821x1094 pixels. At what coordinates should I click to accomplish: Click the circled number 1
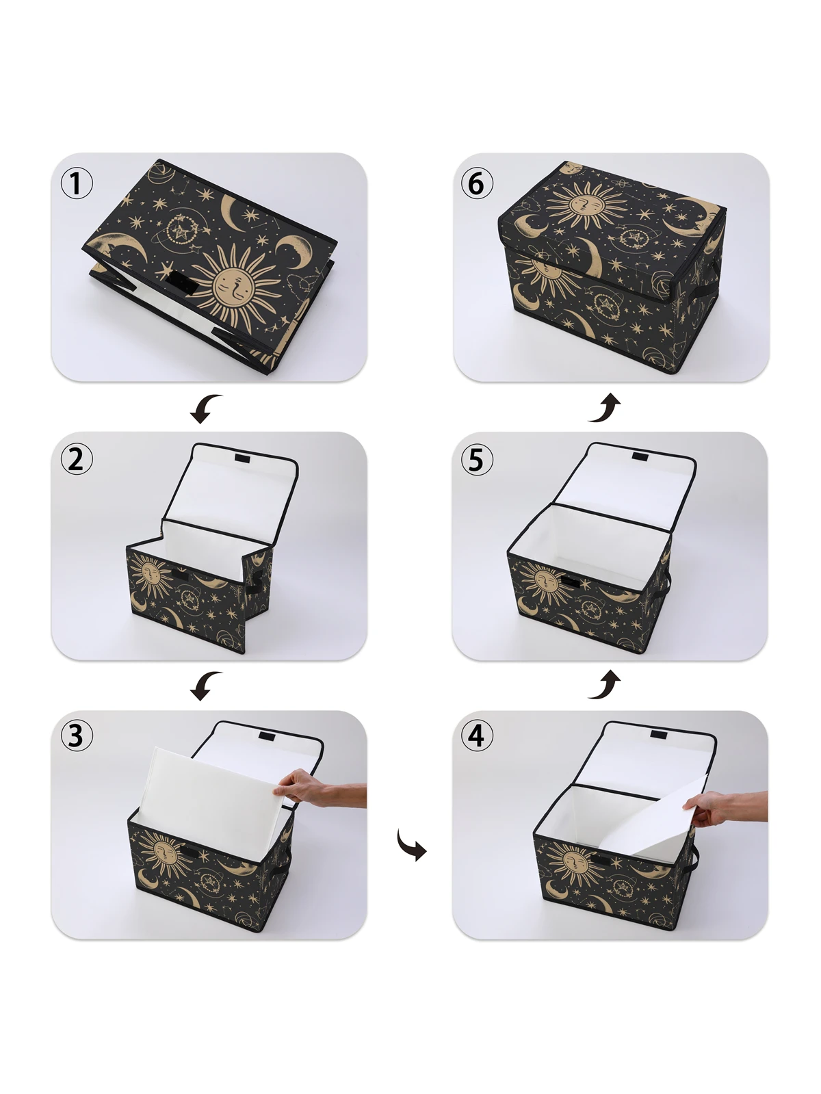pyautogui.click(x=77, y=183)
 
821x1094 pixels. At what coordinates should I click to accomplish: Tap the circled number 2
pyautogui.click(x=77, y=459)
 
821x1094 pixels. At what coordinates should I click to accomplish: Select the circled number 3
pyautogui.click(x=77, y=735)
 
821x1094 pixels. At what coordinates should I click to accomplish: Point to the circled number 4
pyautogui.click(x=477, y=735)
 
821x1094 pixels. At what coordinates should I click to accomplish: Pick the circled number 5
pyautogui.click(x=477, y=459)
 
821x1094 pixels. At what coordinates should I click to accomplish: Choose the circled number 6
pyautogui.click(x=477, y=183)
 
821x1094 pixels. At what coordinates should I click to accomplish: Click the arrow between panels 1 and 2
pyautogui.click(x=206, y=408)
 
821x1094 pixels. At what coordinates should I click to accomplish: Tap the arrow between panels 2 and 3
pyautogui.click(x=206, y=686)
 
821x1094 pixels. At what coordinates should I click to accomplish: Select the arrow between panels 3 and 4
pyautogui.click(x=412, y=846)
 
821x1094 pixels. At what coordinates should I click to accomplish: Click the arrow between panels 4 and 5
pyautogui.click(x=605, y=686)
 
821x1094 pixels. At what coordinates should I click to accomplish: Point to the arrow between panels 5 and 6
pyautogui.click(x=605, y=408)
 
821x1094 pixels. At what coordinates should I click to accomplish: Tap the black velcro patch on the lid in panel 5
pyautogui.click(x=641, y=456)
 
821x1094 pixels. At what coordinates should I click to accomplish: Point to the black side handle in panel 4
pyautogui.click(x=695, y=855)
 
